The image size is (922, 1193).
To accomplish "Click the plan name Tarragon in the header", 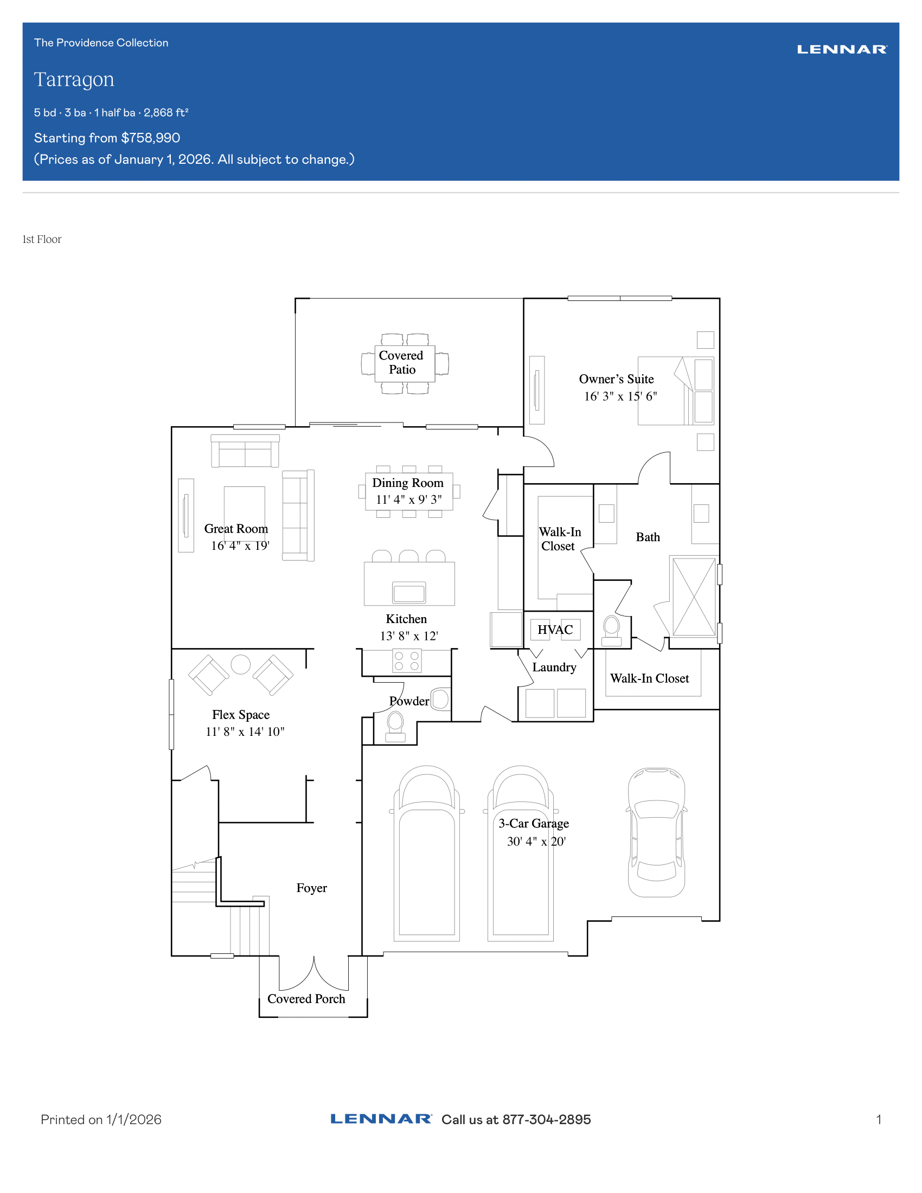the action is tap(74, 80).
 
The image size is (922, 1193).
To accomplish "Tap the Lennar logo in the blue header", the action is tap(842, 50).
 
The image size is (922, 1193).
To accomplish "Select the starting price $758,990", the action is tap(151, 138).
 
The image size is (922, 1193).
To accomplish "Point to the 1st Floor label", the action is tap(42, 239).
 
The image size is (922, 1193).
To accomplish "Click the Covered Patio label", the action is tap(401, 362).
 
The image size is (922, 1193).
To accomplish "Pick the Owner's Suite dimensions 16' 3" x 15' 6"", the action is tap(620, 396).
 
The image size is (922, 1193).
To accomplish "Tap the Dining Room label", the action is tap(408, 483).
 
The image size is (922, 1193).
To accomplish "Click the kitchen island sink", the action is tap(408, 593).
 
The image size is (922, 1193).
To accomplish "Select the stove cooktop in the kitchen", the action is tap(407, 661).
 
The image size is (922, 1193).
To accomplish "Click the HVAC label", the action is tap(555, 630).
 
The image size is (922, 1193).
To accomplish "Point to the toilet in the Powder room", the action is tap(395, 727).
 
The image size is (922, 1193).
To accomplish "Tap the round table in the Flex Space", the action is tap(241, 664).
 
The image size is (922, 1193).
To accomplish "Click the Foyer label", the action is tap(312, 888).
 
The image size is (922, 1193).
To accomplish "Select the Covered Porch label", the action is tap(306, 999).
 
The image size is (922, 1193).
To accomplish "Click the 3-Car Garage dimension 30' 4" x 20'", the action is tap(536, 841).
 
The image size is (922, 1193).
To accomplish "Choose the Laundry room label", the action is tap(554, 668).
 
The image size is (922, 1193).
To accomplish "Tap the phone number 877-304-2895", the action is tap(547, 1120).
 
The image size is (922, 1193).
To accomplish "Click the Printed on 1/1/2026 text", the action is tap(101, 1120).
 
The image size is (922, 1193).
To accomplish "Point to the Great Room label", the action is tap(236, 529).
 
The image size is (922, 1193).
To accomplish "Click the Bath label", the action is tap(648, 537).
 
